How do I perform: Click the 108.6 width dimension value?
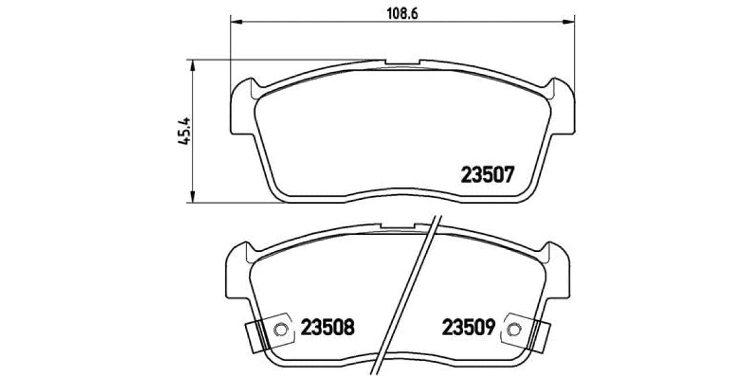click(x=401, y=12)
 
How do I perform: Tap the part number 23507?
click(x=488, y=174)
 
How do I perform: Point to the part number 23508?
click(x=328, y=327)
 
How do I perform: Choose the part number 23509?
click(x=469, y=327)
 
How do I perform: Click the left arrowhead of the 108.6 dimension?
click(x=236, y=23)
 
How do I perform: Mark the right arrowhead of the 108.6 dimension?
click(x=570, y=23)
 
